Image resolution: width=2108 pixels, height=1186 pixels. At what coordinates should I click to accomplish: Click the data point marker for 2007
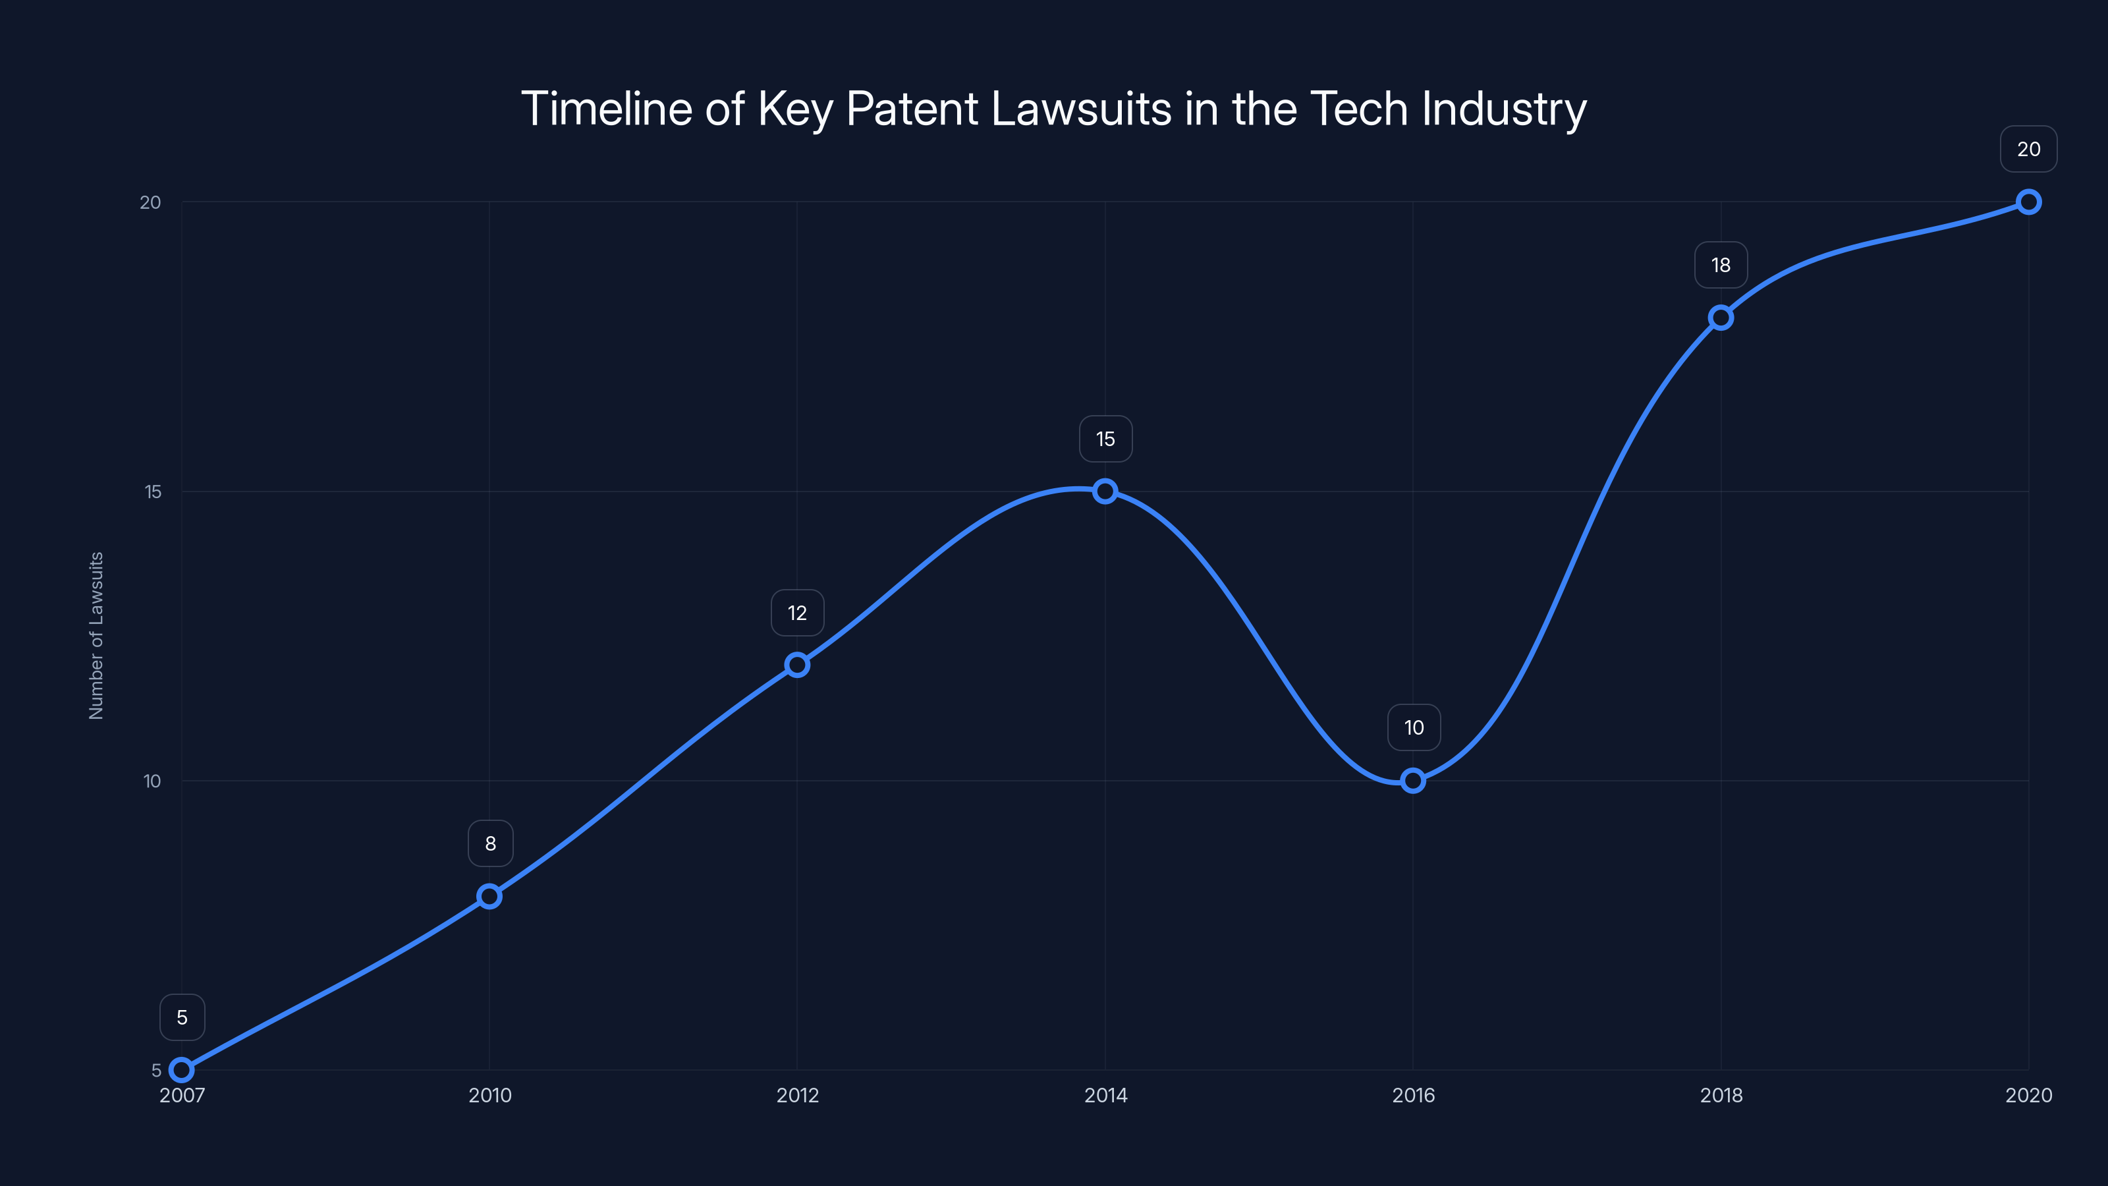coord(182,1070)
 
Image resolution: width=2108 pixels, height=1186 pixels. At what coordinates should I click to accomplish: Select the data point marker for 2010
coord(489,896)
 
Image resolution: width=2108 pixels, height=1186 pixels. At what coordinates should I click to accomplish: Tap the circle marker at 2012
coord(797,665)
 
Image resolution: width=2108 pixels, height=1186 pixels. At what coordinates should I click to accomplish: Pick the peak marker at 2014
coord(1105,491)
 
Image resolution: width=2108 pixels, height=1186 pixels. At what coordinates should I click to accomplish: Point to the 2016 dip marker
coord(1413,781)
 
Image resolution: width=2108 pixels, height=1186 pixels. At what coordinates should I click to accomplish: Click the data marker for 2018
coord(1721,318)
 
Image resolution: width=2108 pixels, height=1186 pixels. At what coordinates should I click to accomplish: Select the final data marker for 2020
coord(2029,202)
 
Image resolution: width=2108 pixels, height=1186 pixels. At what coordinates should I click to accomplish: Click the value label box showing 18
coord(1721,265)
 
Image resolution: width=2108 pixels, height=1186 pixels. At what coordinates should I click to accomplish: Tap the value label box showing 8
coord(490,844)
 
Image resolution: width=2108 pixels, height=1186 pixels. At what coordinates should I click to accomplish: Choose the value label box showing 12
coord(797,613)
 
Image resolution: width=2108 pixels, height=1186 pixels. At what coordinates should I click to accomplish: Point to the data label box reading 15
coord(1105,439)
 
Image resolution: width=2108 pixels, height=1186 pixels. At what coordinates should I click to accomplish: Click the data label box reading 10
coord(1414,727)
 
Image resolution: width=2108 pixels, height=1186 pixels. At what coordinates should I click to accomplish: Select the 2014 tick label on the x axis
coord(1105,1095)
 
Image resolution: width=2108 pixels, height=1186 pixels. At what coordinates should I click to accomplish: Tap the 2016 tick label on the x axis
coord(1413,1095)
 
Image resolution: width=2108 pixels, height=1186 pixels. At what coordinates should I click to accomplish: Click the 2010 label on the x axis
coord(489,1095)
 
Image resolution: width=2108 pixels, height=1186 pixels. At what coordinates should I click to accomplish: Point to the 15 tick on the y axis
coord(153,492)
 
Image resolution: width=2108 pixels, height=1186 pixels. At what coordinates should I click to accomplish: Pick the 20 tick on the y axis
coord(151,202)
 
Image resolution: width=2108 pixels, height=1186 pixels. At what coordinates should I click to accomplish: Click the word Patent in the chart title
coord(912,109)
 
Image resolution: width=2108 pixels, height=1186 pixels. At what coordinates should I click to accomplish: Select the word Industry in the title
coord(1504,109)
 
